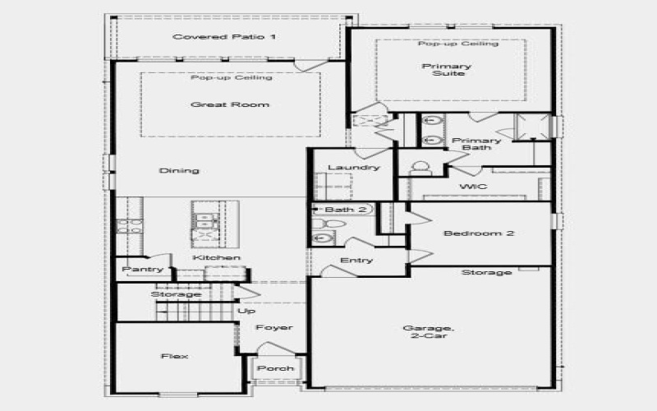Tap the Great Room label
(x=218, y=104)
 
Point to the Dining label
(x=180, y=171)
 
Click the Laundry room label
(x=353, y=168)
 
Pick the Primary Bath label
(x=471, y=144)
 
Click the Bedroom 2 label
(x=479, y=233)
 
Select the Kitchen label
(x=217, y=258)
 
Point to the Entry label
(x=356, y=261)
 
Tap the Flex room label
(x=175, y=356)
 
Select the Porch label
(x=275, y=368)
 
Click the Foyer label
(x=273, y=328)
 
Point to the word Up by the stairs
(x=246, y=311)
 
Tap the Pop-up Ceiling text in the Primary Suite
(x=457, y=44)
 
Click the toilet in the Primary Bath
(x=420, y=169)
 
